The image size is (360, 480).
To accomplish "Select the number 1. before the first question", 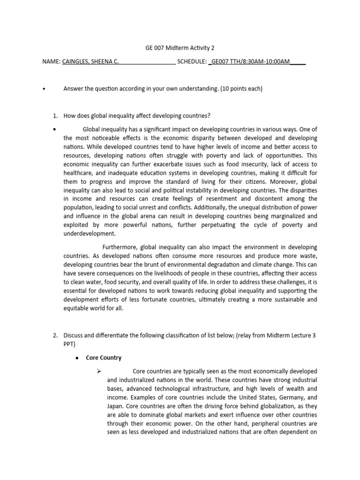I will tap(55, 116).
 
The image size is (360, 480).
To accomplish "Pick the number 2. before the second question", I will tap(55, 335).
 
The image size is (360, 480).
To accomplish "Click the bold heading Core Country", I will tap(104, 358).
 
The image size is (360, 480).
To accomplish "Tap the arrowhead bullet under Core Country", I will tap(98, 371).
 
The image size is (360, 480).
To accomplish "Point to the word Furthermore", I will tap(124, 247).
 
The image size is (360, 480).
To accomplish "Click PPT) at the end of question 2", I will tap(69, 344).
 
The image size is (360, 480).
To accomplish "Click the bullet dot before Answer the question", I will tap(44, 89).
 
